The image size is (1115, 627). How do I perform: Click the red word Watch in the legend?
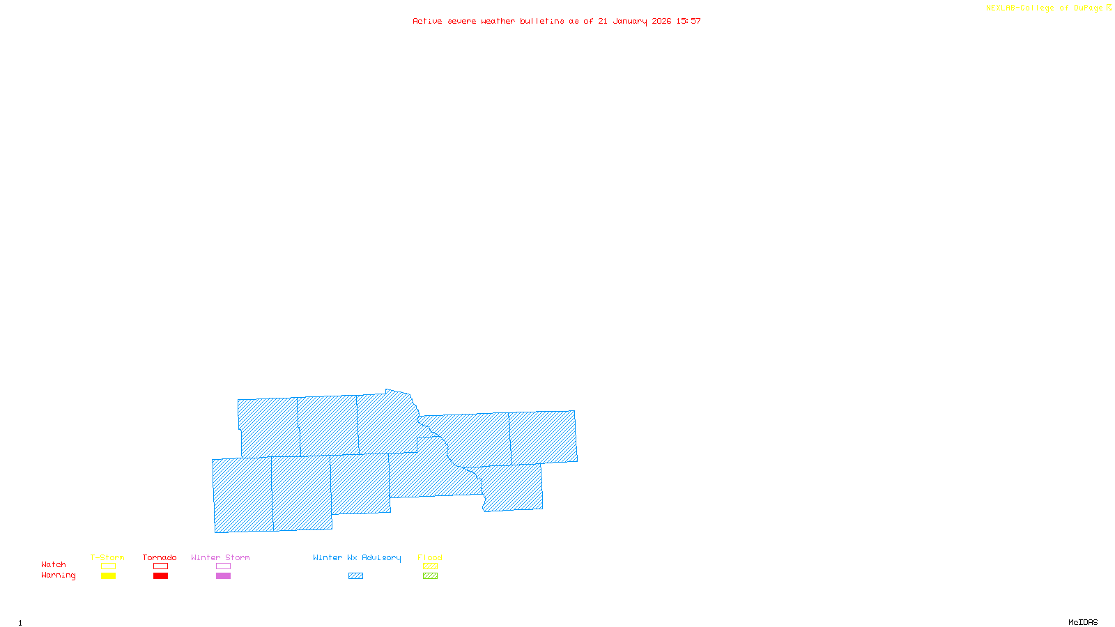point(54,564)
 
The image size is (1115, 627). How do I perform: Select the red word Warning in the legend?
point(58,575)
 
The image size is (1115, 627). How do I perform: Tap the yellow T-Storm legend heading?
point(107,557)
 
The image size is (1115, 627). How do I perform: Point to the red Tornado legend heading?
point(160,557)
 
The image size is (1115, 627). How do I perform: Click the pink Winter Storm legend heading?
point(220,557)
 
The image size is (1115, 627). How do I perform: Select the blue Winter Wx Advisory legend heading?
point(357,557)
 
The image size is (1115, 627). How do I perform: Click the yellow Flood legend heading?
point(430,557)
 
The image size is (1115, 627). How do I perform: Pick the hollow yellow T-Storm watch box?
point(108,566)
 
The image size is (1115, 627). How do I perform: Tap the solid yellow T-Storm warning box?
point(108,576)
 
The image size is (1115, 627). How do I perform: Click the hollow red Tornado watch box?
point(160,566)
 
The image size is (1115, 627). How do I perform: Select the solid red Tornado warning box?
point(160,576)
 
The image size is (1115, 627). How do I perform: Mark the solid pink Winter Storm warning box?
point(223,576)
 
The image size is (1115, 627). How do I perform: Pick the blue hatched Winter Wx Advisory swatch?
point(355,576)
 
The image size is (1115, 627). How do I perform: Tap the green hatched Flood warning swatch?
point(430,576)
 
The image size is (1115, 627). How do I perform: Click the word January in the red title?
point(630,21)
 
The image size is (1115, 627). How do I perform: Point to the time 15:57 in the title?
point(689,21)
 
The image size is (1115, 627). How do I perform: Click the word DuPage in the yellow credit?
point(1088,8)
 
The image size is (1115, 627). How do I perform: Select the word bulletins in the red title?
point(542,21)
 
